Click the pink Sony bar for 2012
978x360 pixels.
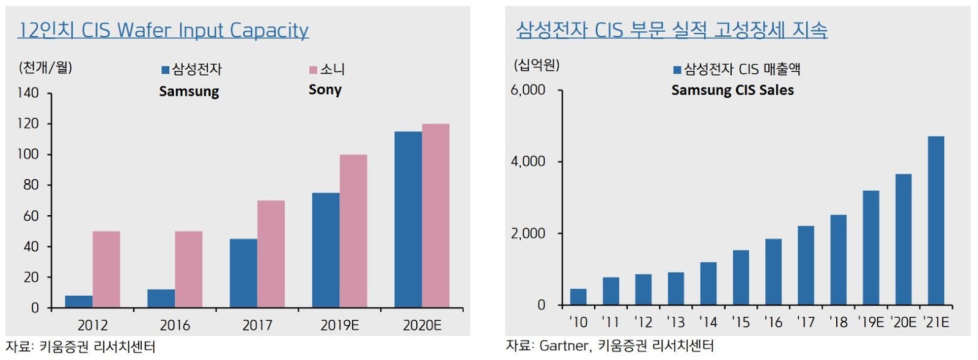[x=106, y=269]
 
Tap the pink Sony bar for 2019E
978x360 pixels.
[x=353, y=230]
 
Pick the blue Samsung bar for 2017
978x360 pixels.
[x=243, y=273]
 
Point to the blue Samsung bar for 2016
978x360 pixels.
[x=161, y=298]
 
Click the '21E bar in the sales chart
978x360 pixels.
[x=936, y=220]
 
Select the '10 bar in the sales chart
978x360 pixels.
[x=578, y=297]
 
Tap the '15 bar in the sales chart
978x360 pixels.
[x=741, y=277]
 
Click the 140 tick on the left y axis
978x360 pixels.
[x=28, y=93]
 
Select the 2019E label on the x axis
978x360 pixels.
[x=339, y=325]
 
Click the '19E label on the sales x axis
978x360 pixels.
[x=870, y=322]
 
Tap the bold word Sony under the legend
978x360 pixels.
[x=325, y=90]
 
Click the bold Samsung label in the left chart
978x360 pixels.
[x=189, y=92]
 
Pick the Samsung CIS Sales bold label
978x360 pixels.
[x=732, y=90]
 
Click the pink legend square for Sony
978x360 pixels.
[x=313, y=70]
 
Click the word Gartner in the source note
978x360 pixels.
[x=564, y=346]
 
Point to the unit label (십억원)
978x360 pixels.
[x=536, y=65]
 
